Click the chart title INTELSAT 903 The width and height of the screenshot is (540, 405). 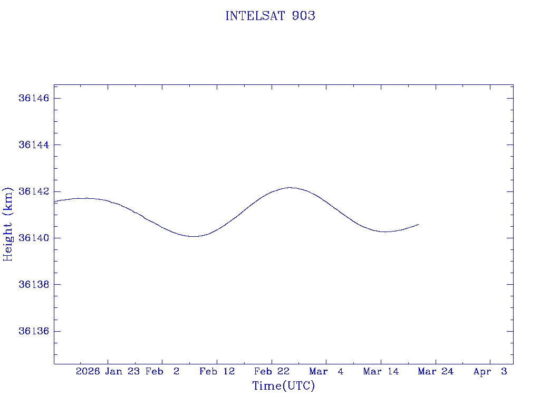[x=270, y=16]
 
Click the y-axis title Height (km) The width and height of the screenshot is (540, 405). [x=8, y=224]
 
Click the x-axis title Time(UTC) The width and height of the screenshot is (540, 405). [x=283, y=386]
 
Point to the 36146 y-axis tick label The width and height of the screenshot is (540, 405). [x=34, y=99]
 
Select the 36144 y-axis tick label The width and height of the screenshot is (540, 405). [x=34, y=145]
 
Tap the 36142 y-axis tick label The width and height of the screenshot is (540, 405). [x=34, y=191]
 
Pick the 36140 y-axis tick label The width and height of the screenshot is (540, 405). [x=34, y=238]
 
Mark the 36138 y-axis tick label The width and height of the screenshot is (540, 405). [x=34, y=285]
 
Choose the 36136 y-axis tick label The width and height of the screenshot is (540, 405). [x=34, y=331]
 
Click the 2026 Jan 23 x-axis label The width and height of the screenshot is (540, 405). [x=107, y=372]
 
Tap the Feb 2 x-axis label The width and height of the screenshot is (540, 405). [x=162, y=372]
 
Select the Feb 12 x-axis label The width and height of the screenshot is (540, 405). [x=217, y=372]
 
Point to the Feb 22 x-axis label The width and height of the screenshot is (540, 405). [x=272, y=372]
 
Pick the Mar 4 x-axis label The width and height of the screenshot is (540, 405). [x=326, y=372]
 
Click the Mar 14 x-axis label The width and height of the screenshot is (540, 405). [x=381, y=372]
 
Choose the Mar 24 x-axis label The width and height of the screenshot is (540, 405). [x=436, y=372]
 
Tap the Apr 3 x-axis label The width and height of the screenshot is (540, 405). [x=490, y=372]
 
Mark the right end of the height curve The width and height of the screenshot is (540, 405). [x=418, y=225]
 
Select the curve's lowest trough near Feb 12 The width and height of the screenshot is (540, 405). [x=194, y=236]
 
